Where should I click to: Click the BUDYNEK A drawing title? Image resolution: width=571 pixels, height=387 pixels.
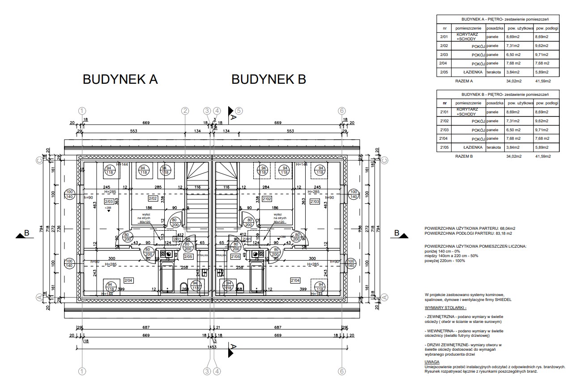coord(120,79)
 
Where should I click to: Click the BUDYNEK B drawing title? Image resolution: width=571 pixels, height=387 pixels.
coord(268,79)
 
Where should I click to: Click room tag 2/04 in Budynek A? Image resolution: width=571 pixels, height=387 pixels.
coord(128,280)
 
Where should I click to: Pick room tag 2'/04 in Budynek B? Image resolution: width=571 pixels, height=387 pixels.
coord(295,280)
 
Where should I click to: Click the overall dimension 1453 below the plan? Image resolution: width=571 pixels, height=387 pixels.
coord(212,347)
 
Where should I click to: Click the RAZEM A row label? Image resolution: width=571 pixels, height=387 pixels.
coord(464,81)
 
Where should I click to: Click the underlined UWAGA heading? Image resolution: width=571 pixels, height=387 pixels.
coord(432,361)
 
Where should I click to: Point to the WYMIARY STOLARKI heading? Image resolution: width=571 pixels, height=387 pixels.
coord(446,308)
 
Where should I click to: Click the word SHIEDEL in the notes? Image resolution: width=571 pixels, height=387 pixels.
coord(502,300)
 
